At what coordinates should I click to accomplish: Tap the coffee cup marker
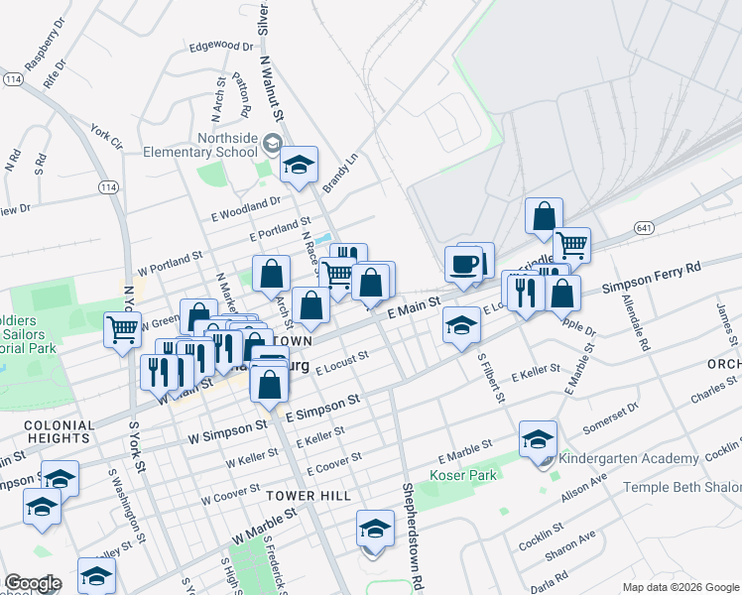coord(463,264)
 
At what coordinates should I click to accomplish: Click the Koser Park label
coord(461,475)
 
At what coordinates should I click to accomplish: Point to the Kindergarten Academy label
coord(628,459)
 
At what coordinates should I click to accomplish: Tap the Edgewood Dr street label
coord(221,46)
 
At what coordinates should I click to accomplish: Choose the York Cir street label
coord(105,136)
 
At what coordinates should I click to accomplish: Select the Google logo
coord(32,583)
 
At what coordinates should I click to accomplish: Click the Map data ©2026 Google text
coord(680,587)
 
